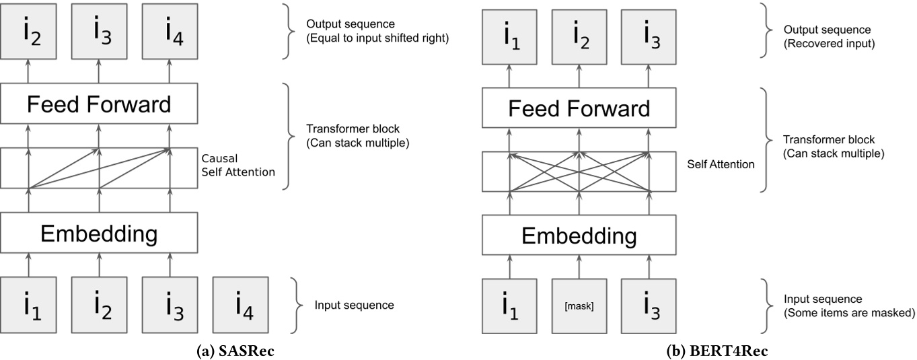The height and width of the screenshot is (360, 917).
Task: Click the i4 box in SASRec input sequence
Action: (241, 304)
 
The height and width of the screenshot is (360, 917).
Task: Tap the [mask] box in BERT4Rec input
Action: (579, 306)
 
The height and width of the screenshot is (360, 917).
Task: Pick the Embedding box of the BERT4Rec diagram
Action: (579, 236)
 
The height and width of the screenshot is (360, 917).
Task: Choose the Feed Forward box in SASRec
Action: (99, 104)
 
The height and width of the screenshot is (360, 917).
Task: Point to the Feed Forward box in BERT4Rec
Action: (579, 108)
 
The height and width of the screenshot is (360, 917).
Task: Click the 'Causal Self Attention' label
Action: (238, 166)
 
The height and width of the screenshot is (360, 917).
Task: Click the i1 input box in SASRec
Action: (28, 304)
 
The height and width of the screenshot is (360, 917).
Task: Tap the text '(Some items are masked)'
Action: (850, 312)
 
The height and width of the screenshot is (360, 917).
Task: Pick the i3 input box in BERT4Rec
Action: (649, 306)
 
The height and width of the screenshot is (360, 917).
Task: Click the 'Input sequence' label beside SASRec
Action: (354, 305)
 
